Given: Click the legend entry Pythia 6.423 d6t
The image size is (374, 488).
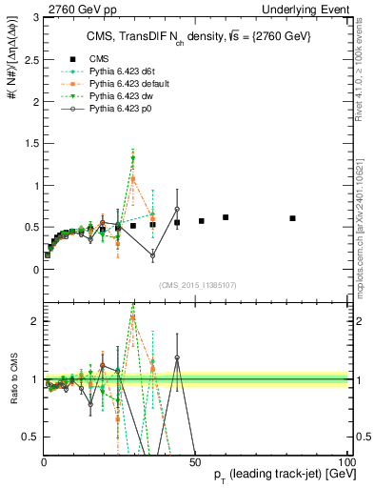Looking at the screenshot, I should coord(117,71).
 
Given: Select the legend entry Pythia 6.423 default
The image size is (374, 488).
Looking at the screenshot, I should coord(124,84).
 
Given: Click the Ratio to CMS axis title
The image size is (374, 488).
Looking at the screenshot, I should coord(12,379).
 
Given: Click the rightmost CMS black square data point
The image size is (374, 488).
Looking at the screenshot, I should coord(293,218).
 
